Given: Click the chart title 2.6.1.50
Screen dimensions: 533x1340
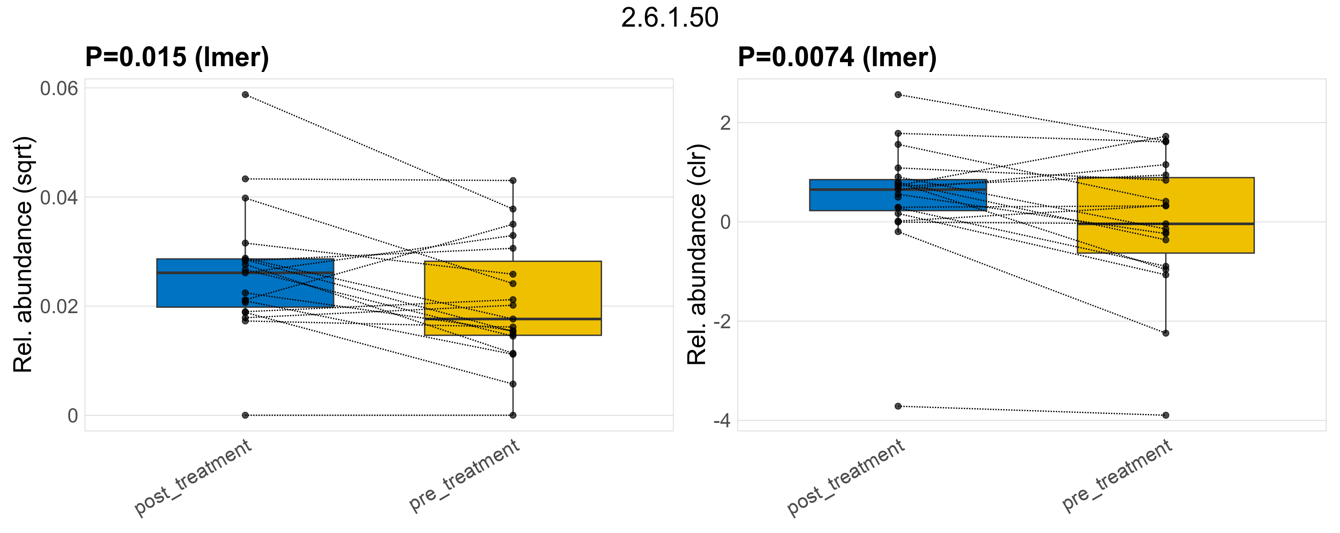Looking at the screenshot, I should click(670, 18).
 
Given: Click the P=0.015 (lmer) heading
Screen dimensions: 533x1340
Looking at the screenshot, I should click(177, 57).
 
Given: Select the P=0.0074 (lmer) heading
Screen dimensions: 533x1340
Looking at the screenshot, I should click(837, 57).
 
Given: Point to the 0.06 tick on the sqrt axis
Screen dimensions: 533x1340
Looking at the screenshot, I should click(59, 88).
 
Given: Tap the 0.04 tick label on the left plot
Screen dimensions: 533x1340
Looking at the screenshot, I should click(59, 198).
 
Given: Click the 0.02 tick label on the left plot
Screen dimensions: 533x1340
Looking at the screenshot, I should click(59, 306).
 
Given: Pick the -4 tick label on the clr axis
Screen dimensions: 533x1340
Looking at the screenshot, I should click(721, 421).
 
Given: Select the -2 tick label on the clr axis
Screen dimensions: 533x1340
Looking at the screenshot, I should click(721, 322).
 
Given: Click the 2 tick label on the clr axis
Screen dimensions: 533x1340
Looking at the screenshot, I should click(725, 123).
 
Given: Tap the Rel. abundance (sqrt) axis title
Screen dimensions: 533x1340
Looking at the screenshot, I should click(23, 255).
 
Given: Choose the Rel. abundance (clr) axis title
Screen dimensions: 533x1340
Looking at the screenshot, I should click(697, 255).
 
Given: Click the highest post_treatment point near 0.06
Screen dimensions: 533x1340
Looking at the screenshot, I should click(245, 95).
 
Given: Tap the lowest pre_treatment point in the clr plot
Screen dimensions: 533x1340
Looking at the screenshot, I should click(1166, 415).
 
